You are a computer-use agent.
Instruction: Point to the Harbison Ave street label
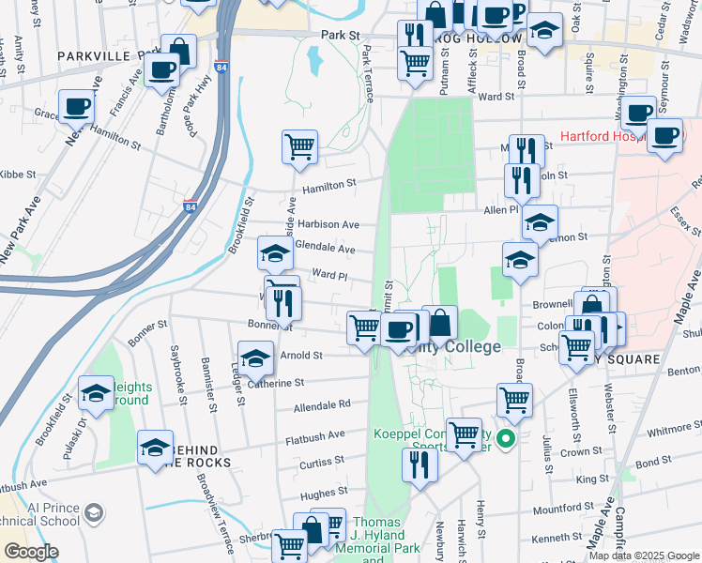(x=328, y=225)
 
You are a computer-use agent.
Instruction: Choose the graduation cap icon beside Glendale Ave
(x=275, y=253)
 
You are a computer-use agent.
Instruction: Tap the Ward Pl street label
(x=329, y=277)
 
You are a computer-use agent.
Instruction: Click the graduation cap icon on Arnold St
(x=255, y=358)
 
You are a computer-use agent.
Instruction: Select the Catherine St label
(x=274, y=383)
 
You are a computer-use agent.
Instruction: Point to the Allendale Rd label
(x=321, y=404)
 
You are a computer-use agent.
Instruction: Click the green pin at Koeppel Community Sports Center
(x=506, y=437)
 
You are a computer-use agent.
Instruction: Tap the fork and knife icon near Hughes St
(x=419, y=464)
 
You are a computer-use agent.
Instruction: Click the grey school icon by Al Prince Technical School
(x=93, y=512)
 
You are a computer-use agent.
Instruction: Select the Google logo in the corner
(x=31, y=551)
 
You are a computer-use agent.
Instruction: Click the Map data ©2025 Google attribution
(x=643, y=555)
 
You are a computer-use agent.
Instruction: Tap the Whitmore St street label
(x=668, y=430)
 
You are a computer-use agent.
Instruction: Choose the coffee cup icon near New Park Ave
(x=76, y=106)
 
